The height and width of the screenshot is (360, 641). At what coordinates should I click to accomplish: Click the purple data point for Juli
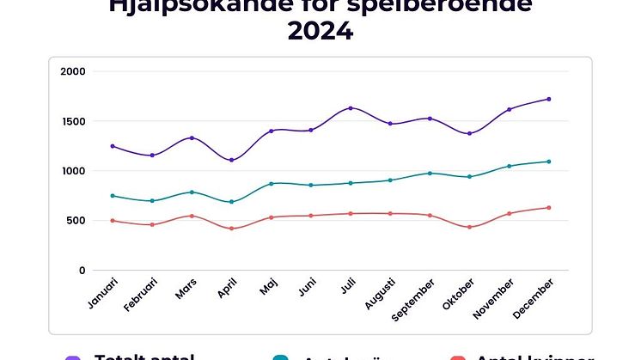(351, 108)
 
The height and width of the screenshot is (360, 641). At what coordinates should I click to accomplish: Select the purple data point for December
(548, 100)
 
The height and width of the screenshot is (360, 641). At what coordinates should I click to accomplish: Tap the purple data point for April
(231, 160)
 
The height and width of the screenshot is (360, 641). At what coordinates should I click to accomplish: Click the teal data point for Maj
(271, 183)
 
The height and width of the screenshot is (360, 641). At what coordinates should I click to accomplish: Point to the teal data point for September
(430, 174)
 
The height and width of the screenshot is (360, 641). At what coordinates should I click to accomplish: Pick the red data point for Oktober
(469, 227)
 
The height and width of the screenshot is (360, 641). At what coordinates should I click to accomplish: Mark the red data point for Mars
(192, 216)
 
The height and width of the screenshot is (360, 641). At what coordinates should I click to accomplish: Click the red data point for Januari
(113, 221)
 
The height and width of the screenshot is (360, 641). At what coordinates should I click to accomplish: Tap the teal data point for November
(509, 166)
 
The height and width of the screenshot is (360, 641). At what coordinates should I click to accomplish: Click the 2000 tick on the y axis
(74, 71)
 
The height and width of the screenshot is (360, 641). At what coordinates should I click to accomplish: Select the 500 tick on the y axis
(77, 221)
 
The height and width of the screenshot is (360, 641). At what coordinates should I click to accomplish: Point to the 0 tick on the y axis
(82, 271)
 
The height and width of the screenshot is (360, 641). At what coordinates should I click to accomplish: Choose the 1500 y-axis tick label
(74, 121)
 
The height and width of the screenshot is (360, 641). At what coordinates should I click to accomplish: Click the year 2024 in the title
(320, 32)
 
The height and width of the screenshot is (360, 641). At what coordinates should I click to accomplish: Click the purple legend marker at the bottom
(73, 357)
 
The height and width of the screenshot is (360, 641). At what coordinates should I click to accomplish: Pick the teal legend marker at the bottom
(279, 357)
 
